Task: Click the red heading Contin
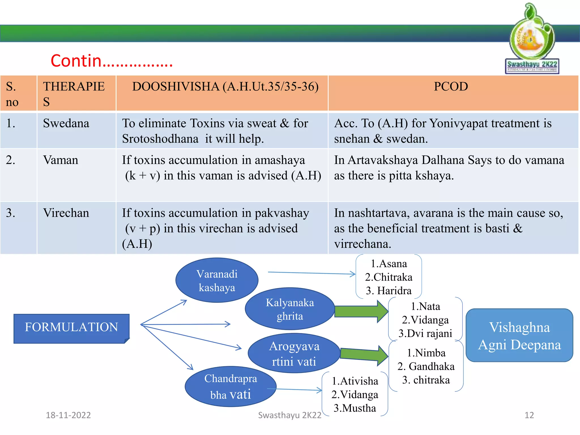111,61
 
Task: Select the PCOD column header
451,87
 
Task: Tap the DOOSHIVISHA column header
225,87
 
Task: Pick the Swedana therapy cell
66,123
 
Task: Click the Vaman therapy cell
61,160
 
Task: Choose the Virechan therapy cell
66,213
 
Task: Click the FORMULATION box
71,327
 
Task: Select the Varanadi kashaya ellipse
217,280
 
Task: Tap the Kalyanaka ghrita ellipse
290,309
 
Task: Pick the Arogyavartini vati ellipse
294,354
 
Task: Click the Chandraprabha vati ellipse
231,387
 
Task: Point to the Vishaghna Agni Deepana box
519,336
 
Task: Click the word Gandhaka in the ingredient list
431,366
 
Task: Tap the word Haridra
394,291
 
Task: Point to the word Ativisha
359,381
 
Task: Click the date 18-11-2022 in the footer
68,415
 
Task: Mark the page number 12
529,415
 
